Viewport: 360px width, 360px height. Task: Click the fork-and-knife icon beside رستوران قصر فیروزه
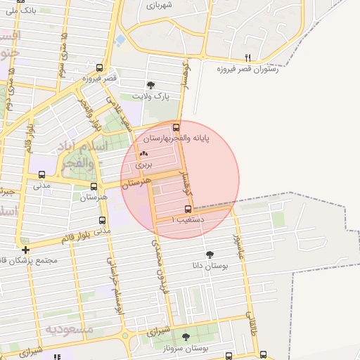(x=247, y=58)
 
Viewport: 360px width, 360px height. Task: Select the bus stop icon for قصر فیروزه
(x=99, y=68)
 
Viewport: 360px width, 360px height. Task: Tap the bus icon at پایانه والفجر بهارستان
(x=176, y=127)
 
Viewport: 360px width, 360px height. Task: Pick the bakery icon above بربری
(x=143, y=153)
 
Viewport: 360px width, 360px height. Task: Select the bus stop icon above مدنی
(x=41, y=175)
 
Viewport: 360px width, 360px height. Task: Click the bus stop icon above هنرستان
(x=94, y=186)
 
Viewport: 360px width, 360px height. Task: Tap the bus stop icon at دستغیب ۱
(x=188, y=209)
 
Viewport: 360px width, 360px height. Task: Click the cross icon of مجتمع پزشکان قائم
(x=25, y=249)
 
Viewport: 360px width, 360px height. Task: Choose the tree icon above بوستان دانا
(x=210, y=254)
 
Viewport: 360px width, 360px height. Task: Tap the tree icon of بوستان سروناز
(x=186, y=337)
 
